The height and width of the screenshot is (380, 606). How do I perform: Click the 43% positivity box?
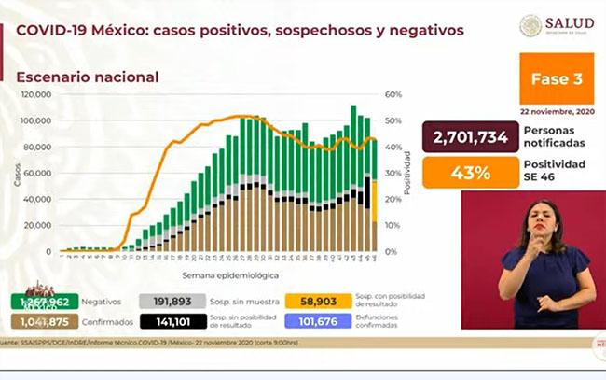pos(470,173)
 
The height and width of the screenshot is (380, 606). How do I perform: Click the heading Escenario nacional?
pos(88,77)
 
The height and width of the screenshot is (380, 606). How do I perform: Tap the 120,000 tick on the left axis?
pos(37,95)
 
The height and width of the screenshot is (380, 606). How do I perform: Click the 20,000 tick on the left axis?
pos(39,225)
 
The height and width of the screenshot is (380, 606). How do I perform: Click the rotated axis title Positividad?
pos(407,174)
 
